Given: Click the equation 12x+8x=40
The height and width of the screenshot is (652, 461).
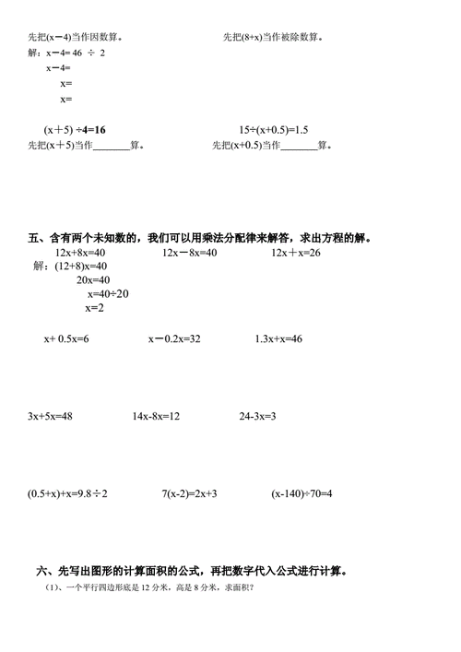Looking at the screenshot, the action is (80, 253).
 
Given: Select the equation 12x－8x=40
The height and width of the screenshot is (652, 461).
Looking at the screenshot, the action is (189, 253).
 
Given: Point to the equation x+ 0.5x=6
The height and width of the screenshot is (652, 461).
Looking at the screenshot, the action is (66, 339).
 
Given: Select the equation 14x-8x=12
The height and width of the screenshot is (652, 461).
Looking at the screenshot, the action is (156, 416).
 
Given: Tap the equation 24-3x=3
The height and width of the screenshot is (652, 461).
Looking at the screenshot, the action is (258, 416).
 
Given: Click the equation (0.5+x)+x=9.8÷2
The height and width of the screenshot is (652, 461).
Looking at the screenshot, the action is (68, 494).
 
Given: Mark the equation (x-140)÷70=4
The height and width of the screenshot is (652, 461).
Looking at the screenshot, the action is (301, 494).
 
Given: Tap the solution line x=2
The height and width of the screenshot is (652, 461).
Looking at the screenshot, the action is (94, 308).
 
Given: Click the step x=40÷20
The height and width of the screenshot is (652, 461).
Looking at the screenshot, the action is (108, 294).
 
